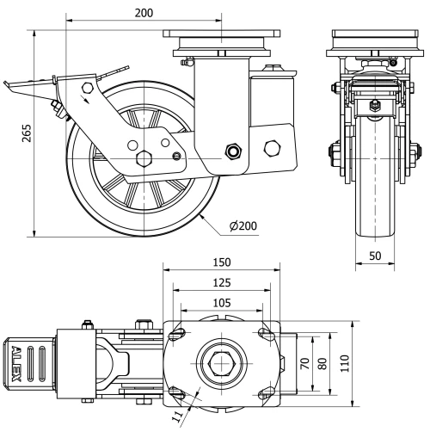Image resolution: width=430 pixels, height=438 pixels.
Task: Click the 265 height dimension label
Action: pos(27,133)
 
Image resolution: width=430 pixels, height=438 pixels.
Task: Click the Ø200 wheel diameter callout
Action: pos(243,226)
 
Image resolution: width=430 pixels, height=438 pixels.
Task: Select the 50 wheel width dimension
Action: pos(375,256)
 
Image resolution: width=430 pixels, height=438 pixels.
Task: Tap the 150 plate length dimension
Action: pos(222,262)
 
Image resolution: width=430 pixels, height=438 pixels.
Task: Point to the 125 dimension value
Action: pos(222,283)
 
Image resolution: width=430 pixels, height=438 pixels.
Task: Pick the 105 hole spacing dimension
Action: pos(222,303)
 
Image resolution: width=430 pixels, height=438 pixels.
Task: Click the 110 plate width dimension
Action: pos(345,363)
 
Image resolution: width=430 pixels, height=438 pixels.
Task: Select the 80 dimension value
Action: pos(322,364)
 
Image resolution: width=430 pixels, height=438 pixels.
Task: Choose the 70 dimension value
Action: pos(305,364)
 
